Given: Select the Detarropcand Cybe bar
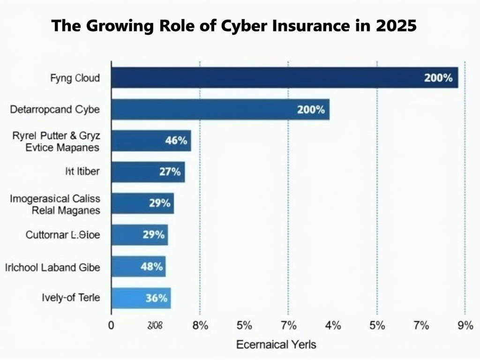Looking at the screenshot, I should [220, 110].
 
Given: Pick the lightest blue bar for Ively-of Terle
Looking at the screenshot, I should [141, 298].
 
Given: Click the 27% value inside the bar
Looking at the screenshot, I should [170, 172].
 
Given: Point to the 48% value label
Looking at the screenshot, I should [152, 267].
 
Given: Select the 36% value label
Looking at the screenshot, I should [157, 298].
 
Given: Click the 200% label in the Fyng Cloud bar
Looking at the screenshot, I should [438, 78].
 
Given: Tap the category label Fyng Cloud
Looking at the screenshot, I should [75, 78].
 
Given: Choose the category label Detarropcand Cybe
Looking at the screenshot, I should [55, 110].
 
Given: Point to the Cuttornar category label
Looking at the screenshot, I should [62, 235].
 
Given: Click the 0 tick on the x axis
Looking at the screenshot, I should [111, 325].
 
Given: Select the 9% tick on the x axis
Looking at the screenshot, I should [465, 325].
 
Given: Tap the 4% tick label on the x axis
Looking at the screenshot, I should [333, 325].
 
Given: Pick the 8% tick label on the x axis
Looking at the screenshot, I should [200, 325].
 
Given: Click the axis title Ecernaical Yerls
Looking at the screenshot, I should [276, 345].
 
